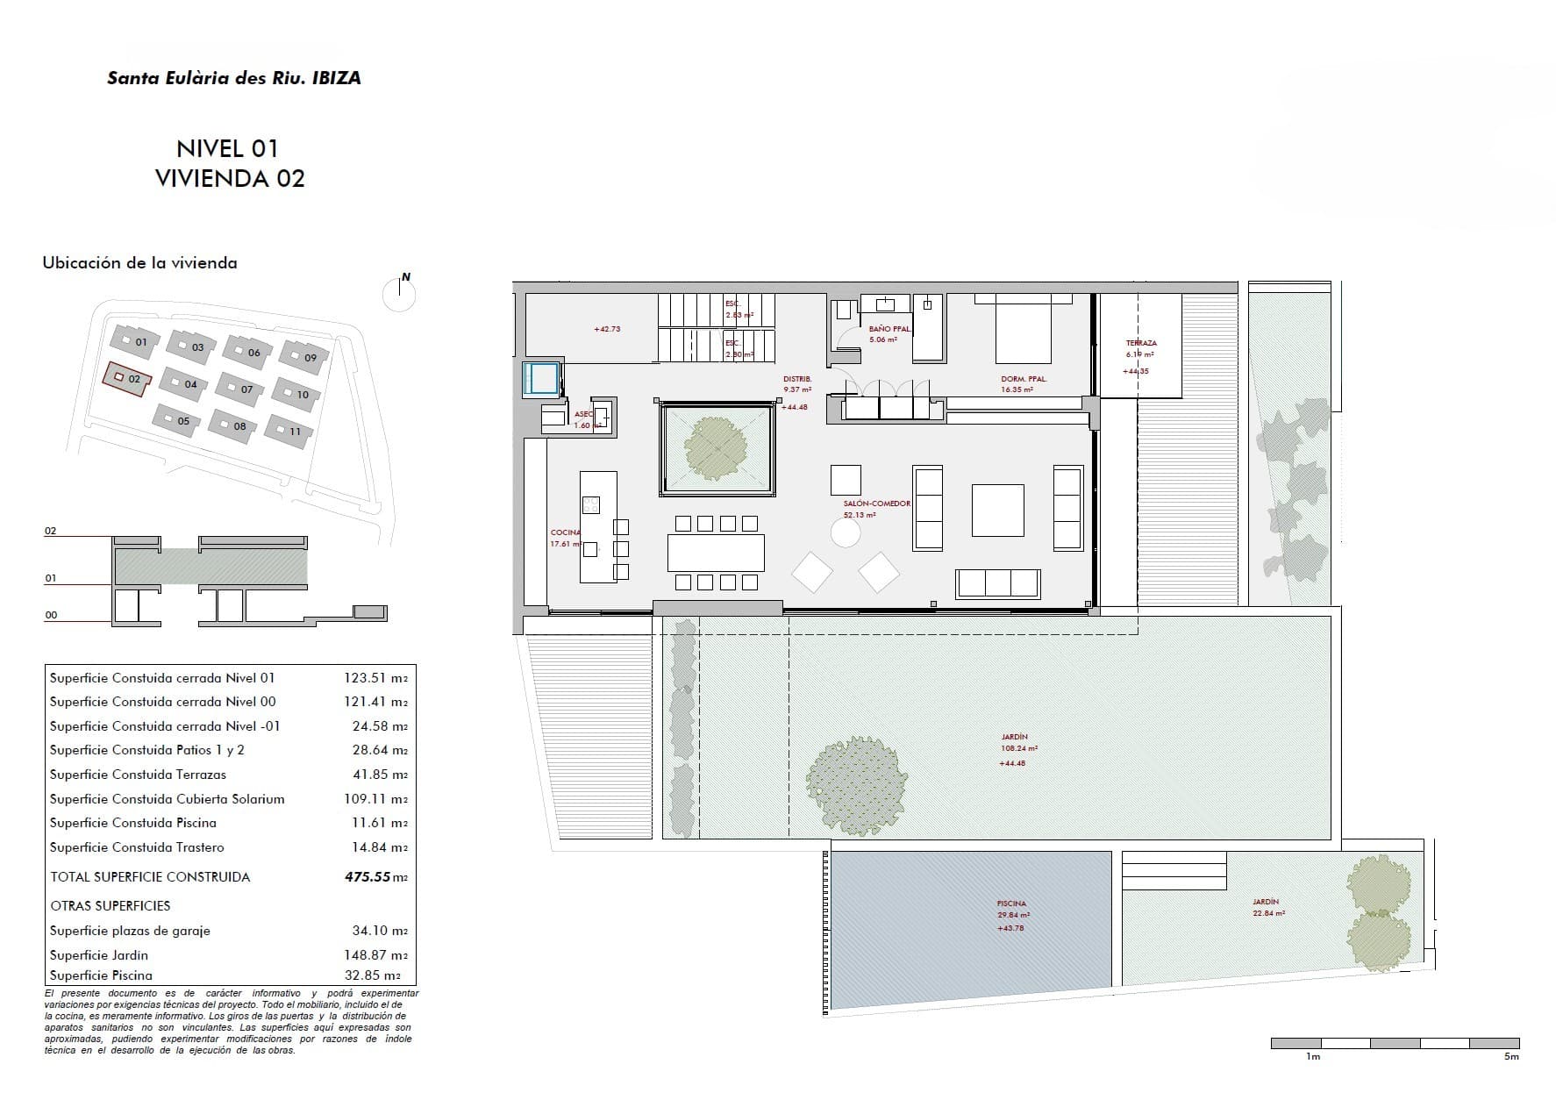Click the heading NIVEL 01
coord(227,147)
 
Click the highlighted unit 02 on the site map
coord(128,378)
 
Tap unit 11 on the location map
coord(289,429)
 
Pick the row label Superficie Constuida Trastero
coord(137,846)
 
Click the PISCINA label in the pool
coord(1011,904)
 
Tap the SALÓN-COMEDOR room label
coord(876,504)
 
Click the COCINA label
coord(565,532)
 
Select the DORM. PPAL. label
coord(1024,379)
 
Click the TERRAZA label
coord(1141,343)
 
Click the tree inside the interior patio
coord(717,446)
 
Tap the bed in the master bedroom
coord(1024,329)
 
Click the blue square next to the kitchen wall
coord(540,378)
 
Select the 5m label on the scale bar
coord(1510,1057)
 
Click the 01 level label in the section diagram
coord(51,578)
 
